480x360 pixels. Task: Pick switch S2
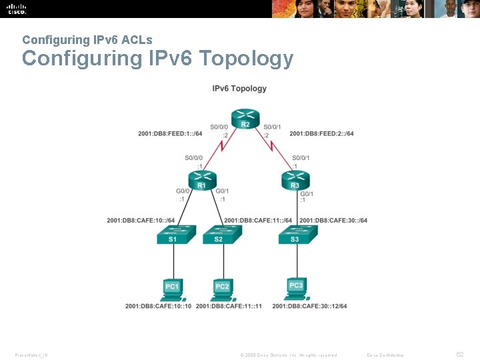(x=218, y=235)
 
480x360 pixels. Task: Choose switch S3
(x=295, y=235)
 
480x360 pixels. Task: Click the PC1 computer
(x=173, y=287)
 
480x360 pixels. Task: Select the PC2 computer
(x=222, y=287)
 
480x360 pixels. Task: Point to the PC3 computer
(x=296, y=287)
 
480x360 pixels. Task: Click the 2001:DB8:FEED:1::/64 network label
(x=170, y=133)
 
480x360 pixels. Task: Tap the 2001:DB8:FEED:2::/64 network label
(x=321, y=133)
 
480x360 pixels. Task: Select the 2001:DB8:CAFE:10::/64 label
(x=141, y=221)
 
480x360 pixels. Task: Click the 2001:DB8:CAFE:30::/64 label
(x=333, y=221)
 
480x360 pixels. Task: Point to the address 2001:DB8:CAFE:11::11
(x=229, y=306)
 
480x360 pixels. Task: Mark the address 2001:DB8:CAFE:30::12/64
(x=309, y=306)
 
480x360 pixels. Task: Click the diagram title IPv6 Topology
(x=239, y=88)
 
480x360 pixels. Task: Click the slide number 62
(x=459, y=355)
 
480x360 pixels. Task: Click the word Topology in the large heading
(x=247, y=59)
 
